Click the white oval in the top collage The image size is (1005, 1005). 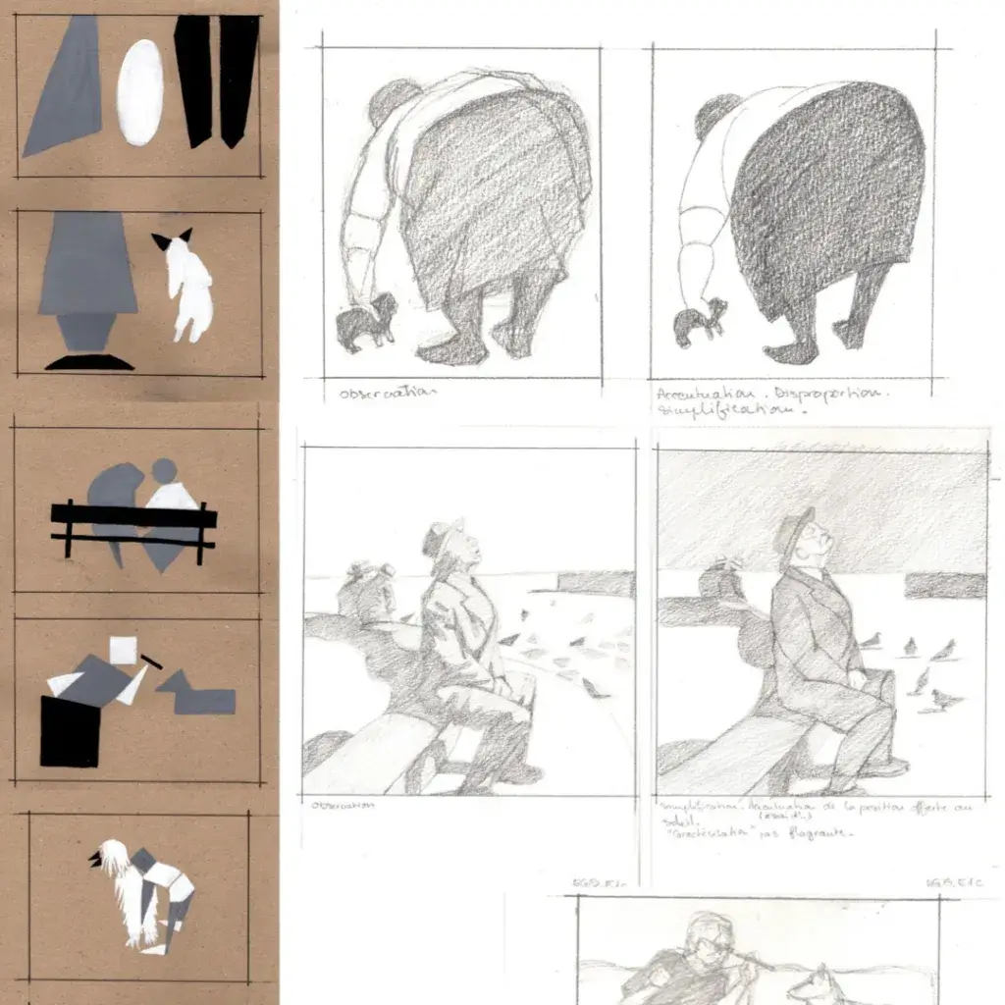(140, 92)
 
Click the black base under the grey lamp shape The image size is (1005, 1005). (89, 362)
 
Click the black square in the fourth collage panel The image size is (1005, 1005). (69, 731)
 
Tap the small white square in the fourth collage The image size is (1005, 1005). (125, 651)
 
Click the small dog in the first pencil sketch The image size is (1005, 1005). (366, 322)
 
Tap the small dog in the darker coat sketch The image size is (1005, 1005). (703, 321)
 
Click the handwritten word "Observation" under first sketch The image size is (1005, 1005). (385, 394)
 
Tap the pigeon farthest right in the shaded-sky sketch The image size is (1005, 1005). (948, 700)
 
